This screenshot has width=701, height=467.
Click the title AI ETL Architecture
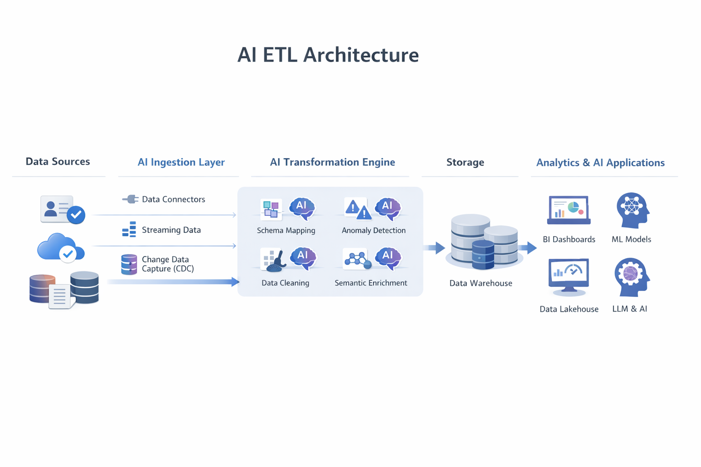(328, 55)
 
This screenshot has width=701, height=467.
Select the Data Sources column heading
(58, 161)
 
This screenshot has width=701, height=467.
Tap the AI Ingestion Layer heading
(181, 162)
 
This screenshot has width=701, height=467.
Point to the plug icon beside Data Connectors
(131, 199)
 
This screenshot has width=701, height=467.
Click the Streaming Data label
(171, 230)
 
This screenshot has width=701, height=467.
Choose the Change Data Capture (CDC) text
(167, 264)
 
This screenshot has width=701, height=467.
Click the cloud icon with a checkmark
(60, 247)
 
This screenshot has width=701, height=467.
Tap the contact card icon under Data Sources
(58, 209)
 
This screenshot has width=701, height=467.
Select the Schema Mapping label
(286, 230)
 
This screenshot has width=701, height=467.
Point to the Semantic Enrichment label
(371, 283)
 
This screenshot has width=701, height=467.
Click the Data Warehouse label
(481, 283)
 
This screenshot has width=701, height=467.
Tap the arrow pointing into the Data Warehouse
(434, 248)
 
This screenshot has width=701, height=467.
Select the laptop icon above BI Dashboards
(569, 210)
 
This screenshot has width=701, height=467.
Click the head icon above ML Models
(632, 210)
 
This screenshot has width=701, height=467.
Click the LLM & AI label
(629, 309)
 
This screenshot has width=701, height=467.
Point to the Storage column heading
(465, 162)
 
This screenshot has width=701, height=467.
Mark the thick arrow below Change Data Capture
(173, 282)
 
